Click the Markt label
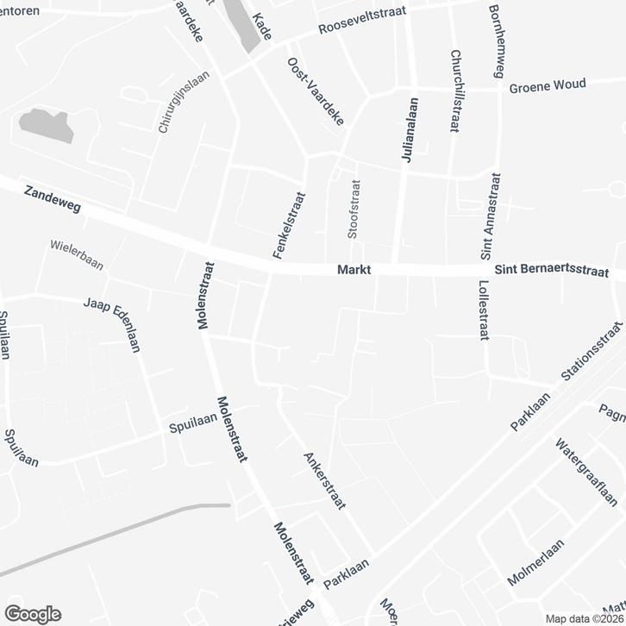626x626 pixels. click(354, 271)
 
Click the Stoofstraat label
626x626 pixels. click(353, 209)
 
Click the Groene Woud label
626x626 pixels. click(548, 85)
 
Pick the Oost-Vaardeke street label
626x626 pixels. click(316, 92)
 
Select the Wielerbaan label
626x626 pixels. click(76, 255)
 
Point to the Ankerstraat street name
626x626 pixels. click(323, 481)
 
